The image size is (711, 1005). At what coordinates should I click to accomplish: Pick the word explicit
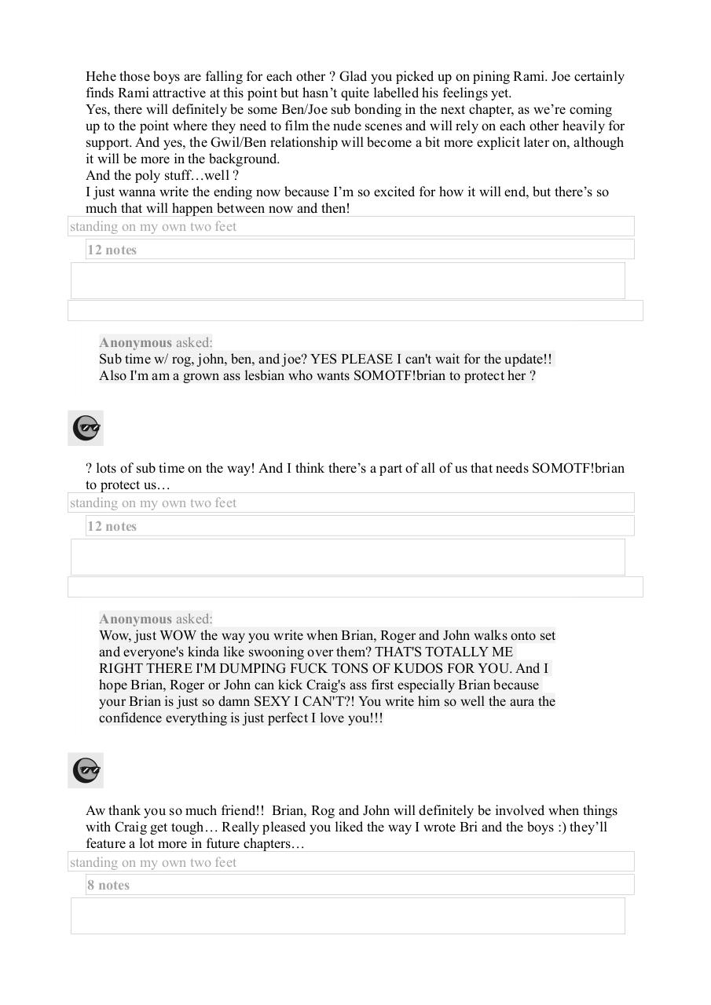[477, 143]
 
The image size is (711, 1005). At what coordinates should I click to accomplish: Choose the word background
[240, 159]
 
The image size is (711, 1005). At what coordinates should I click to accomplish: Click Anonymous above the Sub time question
[135, 343]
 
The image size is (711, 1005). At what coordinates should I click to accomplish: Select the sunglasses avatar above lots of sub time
[86, 429]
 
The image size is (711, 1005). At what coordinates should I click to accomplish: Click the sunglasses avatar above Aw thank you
[86, 771]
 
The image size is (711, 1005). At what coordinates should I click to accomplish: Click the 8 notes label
[108, 886]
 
